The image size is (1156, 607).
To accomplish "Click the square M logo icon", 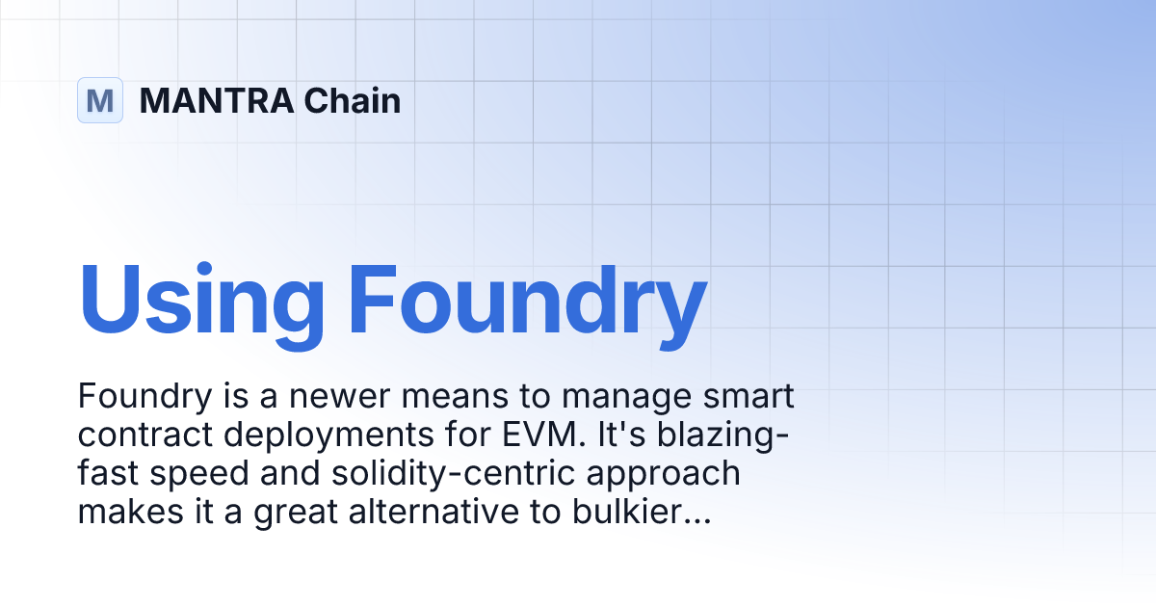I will point(100,100).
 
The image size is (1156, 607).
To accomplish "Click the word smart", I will point(755,396).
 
